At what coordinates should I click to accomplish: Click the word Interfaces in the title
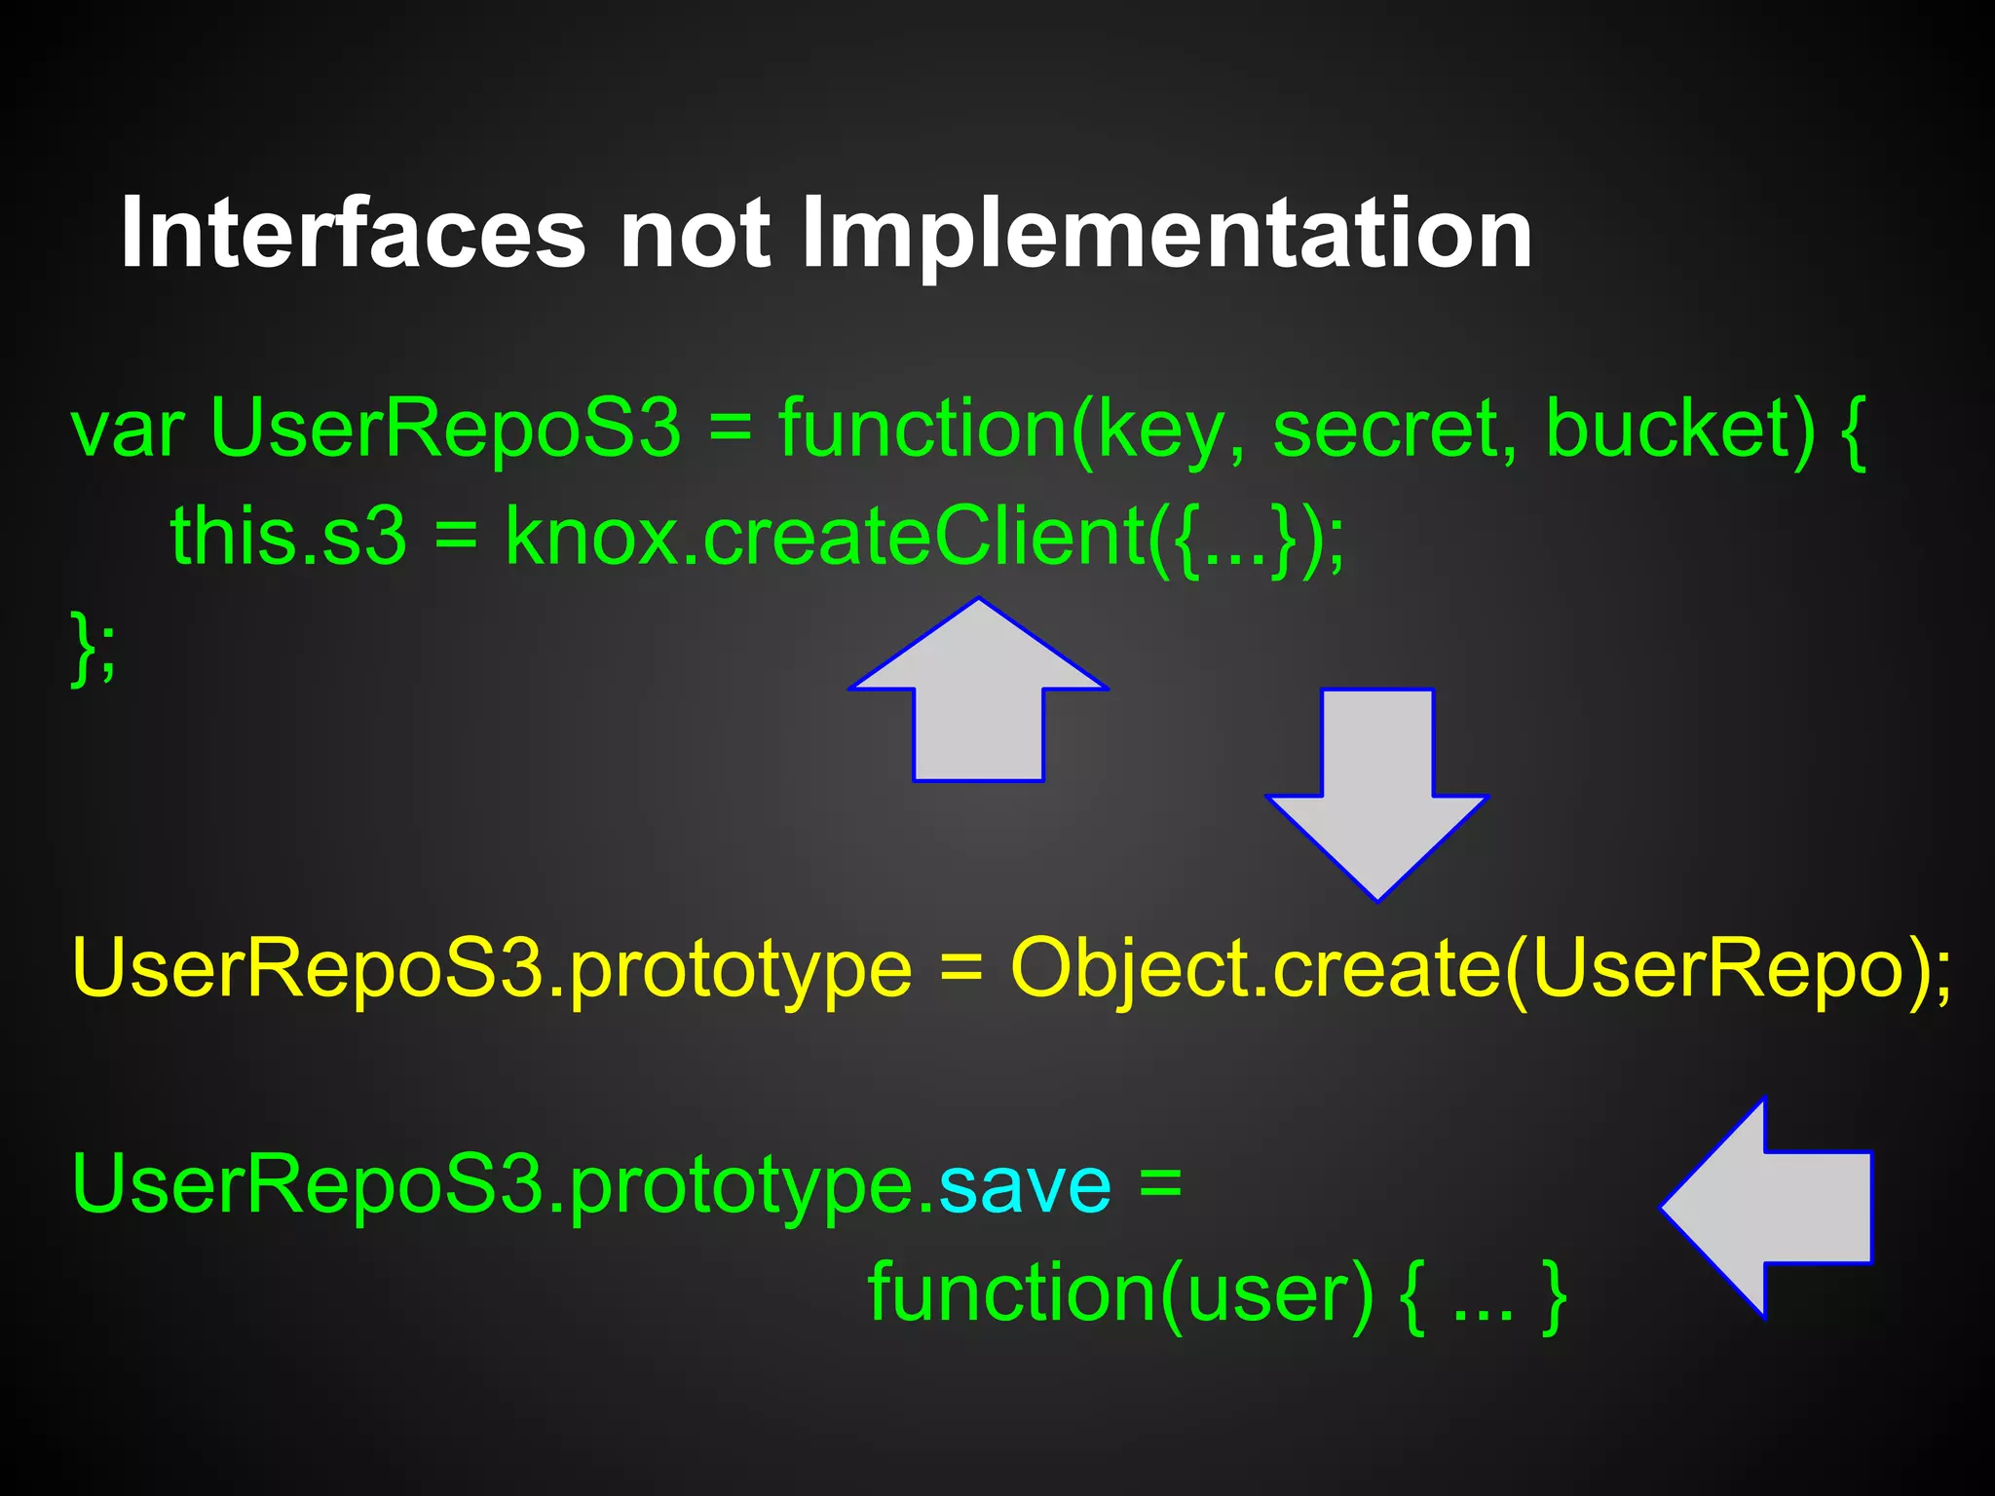coord(353,234)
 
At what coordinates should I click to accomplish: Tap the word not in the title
coord(696,234)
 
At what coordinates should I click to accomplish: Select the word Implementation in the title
coord(1166,234)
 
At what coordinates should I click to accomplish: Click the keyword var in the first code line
coord(128,430)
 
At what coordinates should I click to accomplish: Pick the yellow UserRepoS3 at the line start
coord(308,969)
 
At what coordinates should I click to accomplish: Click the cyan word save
coord(1024,1185)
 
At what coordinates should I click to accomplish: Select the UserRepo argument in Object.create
coord(1715,969)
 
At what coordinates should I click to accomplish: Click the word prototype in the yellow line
coord(740,969)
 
